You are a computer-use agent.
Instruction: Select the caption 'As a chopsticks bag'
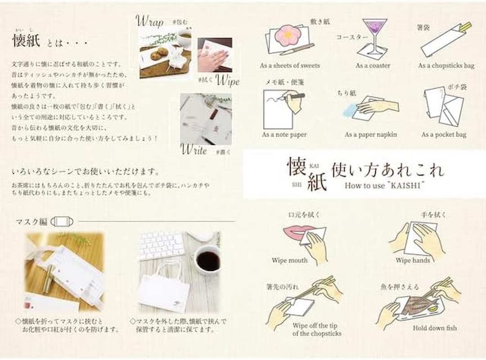pyautogui.click(x=446, y=66)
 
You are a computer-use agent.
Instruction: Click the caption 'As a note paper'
pyautogui.click(x=284, y=135)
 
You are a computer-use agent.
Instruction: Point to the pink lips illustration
pyautogui.click(x=294, y=233)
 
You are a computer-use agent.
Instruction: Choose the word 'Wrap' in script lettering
pyautogui.click(x=149, y=21)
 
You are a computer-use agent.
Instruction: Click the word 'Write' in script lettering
pyautogui.click(x=193, y=149)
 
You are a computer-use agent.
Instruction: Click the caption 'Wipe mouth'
pyautogui.click(x=289, y=261)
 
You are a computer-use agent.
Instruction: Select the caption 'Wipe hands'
pyautogui.click(x=413, y=261)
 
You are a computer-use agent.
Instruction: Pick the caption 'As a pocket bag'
pyautogui.click(x=444, y=135)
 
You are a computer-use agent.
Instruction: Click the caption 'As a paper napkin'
pyautogui.click(x=371, y=135)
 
